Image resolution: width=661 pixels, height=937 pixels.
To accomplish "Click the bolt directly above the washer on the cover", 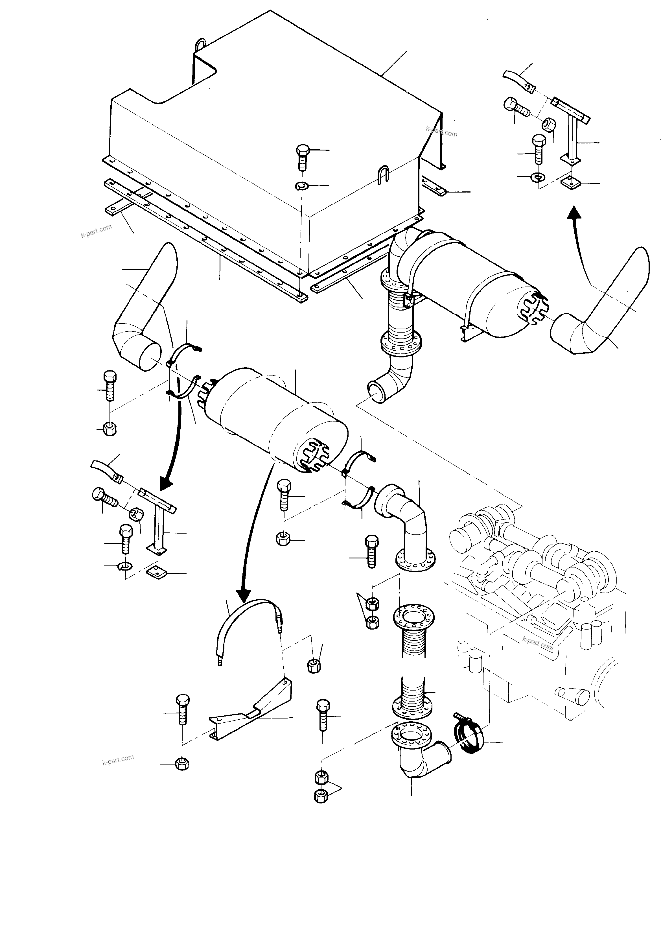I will tap(302, 156).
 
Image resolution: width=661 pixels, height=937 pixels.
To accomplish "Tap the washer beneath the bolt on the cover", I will tap(301, 186).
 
